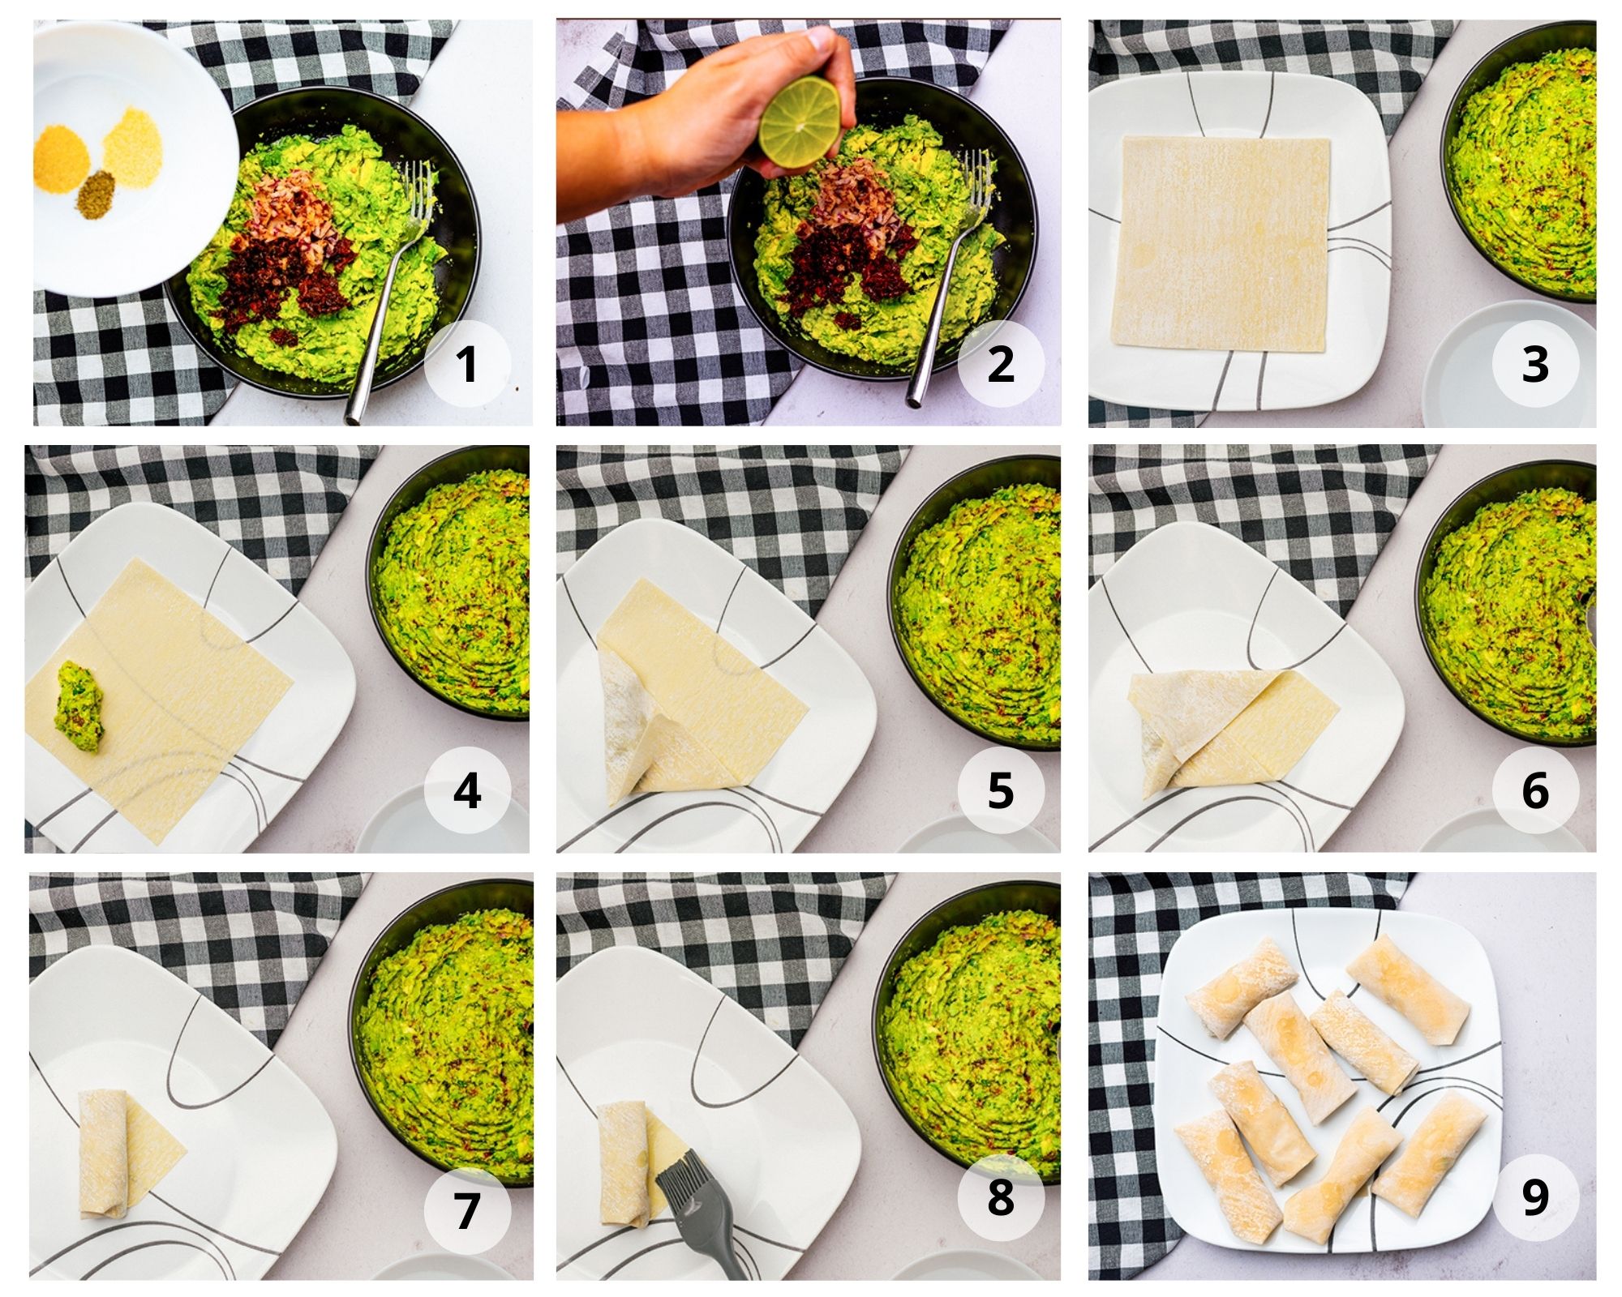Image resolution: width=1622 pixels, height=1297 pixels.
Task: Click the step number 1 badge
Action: (467, 364)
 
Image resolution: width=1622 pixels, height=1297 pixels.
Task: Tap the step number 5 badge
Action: (1000, 790)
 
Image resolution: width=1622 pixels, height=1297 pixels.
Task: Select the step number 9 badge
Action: (1535, 1196)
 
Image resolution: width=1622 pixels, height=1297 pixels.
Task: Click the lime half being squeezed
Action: (800, 122)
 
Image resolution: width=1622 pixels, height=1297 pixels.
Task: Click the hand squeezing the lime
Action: (697, 130)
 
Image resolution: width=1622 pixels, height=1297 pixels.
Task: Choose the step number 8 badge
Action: (1000, 1196)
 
